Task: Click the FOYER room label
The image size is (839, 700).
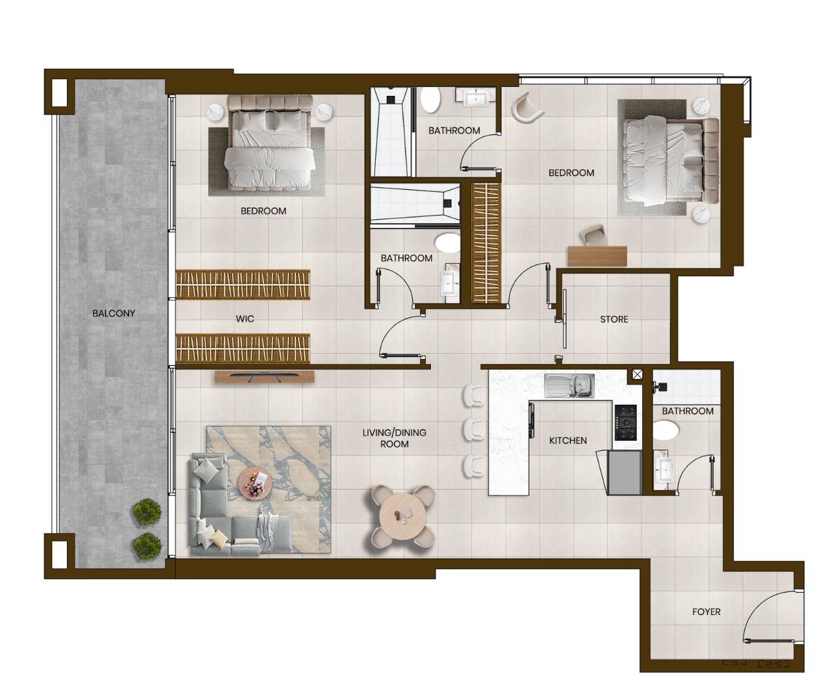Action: pos(706,612)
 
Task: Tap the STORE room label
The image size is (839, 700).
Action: pos(614,319)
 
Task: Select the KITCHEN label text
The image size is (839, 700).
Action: pos(567,441)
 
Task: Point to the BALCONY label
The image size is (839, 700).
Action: pos(113,313)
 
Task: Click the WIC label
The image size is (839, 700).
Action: pos(244,318)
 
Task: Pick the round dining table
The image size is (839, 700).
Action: pos(403,517)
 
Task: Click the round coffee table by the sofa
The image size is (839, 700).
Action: pos(255,482)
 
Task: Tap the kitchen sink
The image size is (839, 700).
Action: pos(569,386)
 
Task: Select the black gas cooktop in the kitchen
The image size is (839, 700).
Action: pos(625,422)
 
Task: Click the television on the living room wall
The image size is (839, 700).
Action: pos(264,377)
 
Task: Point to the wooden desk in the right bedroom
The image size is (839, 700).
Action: pos(597,256)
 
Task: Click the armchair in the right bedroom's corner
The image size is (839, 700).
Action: pos(526,107)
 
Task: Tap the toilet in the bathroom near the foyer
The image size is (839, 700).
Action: pos(665,430)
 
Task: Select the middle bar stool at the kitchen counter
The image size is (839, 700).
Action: pos(474,429)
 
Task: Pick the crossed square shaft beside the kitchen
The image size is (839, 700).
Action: pos(637,374)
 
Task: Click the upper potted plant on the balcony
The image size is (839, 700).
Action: pos(147,511)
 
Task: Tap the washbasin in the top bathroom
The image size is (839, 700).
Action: pos(475,98)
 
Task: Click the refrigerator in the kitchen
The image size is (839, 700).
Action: pos(625,472)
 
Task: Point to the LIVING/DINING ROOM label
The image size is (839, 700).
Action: pos(394,438)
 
